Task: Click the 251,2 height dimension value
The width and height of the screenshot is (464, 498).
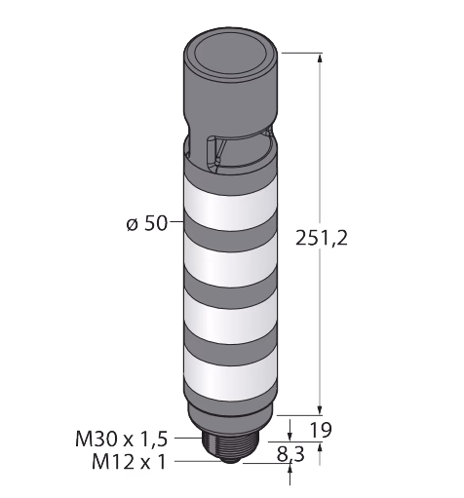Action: (322, 238)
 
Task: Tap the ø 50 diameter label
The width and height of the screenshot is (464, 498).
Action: (147, 223)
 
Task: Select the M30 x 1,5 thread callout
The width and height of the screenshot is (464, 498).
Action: (122, 439)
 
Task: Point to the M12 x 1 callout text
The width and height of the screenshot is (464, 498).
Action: (129, 462)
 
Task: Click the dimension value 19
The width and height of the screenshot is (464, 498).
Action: (321, 430)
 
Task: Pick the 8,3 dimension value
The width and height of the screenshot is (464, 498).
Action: (290, 454)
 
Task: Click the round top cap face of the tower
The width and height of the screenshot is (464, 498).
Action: (230, 55)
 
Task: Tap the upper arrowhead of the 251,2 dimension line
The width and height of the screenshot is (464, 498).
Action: (321, 58)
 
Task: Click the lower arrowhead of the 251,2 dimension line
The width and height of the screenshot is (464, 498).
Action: (321, 409)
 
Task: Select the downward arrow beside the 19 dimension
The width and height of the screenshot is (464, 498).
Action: (290, 431)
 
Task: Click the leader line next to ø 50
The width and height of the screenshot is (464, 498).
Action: (176, 222)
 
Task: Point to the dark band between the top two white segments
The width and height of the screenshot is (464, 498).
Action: (230, 232)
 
